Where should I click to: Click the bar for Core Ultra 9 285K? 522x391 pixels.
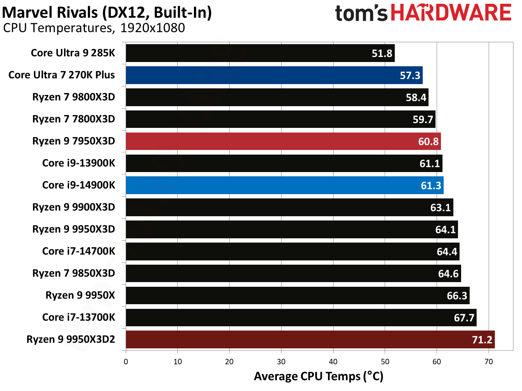pos(260,53)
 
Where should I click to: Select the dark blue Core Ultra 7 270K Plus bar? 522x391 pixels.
pos(274,75)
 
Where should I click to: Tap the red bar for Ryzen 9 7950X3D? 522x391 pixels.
pos(283,141)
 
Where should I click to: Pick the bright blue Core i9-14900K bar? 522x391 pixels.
pos(284,185)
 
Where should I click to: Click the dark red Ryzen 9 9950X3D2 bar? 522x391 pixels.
pos(310,339)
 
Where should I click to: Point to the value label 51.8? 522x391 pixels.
pos(382,53)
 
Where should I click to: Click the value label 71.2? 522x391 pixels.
pos(482,340)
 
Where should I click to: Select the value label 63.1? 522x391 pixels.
pos(440,208)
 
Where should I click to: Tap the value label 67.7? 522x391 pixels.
pos(464,318)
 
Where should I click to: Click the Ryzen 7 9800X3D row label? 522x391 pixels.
pos(74,97)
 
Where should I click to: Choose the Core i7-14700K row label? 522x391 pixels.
pos(79,251)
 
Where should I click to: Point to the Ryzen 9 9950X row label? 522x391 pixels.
pos(80,295)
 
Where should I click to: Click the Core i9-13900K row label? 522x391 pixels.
pos(79,163)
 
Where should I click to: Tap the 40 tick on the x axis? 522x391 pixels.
pos(333,362)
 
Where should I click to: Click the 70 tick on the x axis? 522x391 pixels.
pos(489,362)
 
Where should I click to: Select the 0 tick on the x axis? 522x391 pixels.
pos(126,362)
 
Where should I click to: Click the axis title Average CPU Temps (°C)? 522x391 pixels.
pos(318,376)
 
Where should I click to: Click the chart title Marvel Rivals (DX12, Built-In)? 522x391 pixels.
pos(107,12)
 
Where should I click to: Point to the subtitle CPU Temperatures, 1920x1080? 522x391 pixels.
pos(94,28)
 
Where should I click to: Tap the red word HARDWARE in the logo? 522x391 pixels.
pos(451,13)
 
